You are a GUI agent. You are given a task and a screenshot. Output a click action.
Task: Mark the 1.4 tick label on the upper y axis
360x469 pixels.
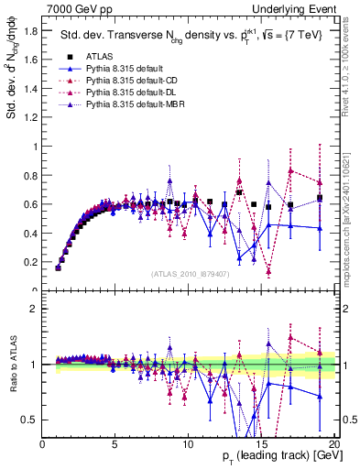(x=31, y=89)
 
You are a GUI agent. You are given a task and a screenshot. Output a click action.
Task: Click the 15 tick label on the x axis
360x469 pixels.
(x=262, y=444)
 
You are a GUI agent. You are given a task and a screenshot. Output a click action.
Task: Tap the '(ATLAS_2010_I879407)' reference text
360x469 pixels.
(x=190, y=274)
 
